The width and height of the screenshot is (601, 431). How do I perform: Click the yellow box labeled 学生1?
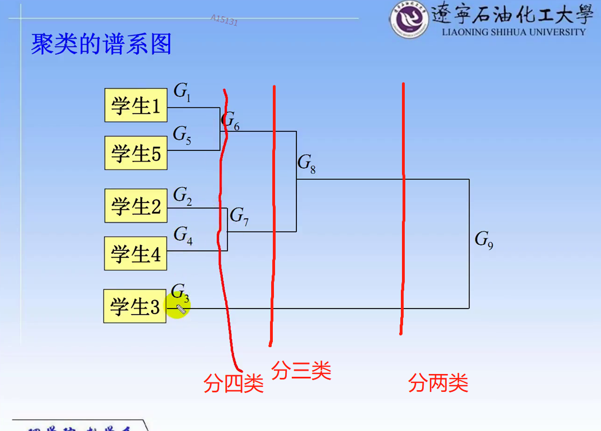(136, 105)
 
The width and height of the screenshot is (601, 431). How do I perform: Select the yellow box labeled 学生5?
(136, 153)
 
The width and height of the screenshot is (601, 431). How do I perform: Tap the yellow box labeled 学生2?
(136, 206)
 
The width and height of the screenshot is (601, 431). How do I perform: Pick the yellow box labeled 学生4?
(136, 254)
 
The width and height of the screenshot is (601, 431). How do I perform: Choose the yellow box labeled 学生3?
(135, 306)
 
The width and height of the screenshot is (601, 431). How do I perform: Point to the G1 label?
(182, 92)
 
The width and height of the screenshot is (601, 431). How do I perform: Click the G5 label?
(182, 135)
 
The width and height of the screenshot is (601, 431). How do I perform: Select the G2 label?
(182, 196)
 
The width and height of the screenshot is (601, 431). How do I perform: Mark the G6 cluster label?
(230, 121)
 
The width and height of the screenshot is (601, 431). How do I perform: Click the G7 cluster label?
(239, 216)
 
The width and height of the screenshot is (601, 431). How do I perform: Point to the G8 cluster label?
(306, 163)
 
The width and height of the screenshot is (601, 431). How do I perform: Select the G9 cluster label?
(484, 240)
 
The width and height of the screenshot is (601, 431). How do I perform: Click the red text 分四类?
(233, 383)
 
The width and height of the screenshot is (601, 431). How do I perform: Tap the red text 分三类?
(301, 370)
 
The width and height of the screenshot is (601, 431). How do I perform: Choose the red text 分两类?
(438, 383)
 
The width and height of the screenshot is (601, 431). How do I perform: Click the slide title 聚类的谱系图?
(101, 44)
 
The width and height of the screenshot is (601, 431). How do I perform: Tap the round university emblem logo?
(408, 20)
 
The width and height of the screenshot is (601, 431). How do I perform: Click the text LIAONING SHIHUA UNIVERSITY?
(513, 32)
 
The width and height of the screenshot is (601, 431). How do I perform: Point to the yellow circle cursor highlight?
(178, 307)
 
